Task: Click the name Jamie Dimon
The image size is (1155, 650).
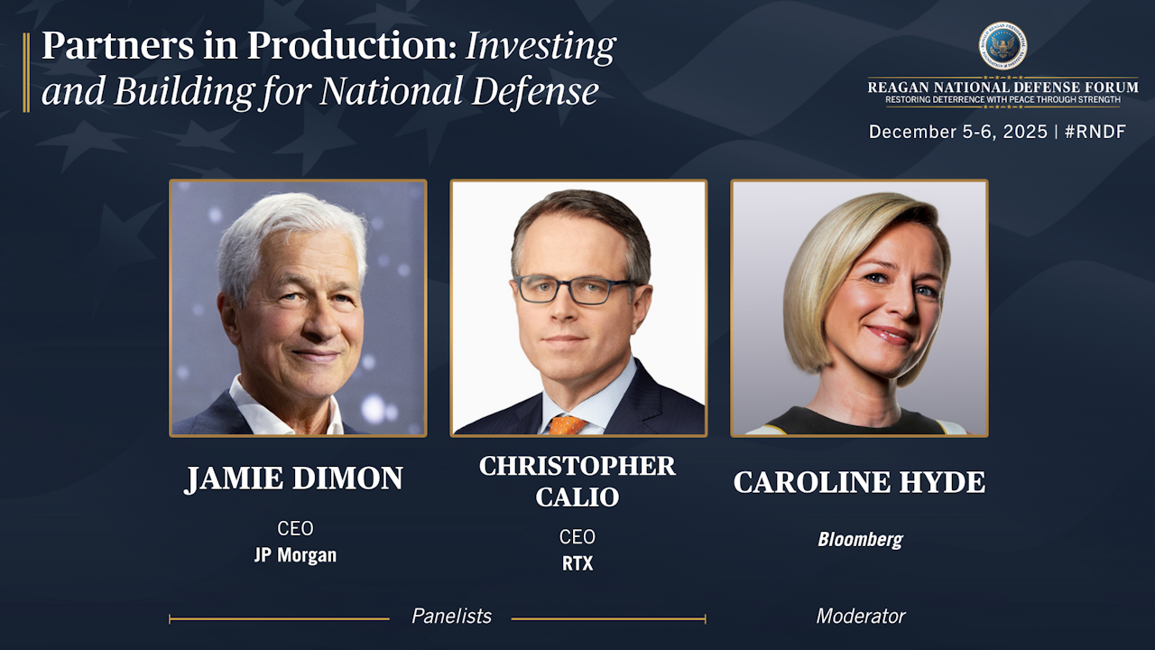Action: (294, 478)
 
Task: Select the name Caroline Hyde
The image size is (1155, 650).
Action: (860, 482)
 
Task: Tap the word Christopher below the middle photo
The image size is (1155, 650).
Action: (577, 466)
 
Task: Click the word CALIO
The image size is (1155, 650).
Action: (577, 497)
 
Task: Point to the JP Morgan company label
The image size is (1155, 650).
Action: (295, 555)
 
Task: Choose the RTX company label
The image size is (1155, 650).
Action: (577, 563)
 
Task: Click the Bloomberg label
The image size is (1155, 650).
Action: (860, 540)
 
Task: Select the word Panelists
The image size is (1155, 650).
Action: (452, 616)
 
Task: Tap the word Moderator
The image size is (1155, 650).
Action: (861, 616)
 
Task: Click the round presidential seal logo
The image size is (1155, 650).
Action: (1003, 46)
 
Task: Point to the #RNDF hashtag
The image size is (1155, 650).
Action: (1095, 132)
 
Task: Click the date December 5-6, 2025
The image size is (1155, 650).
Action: (958, 132)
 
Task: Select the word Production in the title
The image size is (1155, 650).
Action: (352, 45)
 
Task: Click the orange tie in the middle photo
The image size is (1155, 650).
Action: (568, 425)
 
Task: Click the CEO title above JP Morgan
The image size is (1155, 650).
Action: (295, 528)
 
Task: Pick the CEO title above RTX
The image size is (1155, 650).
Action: (577, 537)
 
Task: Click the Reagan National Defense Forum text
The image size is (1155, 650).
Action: (1003, 87)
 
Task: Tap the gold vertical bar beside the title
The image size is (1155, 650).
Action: (26, 72)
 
